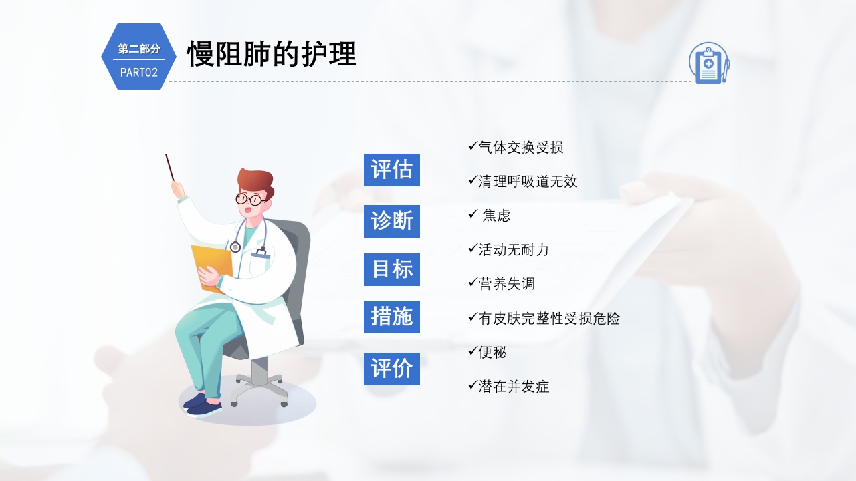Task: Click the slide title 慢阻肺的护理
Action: (x=272, y=53)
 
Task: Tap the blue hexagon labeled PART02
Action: (x=138, y=57)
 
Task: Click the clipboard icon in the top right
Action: (x=709, y=63)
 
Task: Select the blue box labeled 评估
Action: (x=392, y=170)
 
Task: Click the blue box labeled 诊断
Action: (x=392, y=221)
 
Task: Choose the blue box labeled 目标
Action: (x=392, y=269)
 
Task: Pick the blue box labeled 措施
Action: (x=392, y=317)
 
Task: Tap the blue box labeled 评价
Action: (x=392, y=369)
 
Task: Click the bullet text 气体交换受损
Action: (x=521, y=147)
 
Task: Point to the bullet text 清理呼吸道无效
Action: (x=528, y=181)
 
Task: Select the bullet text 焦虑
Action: (x=496, y=215)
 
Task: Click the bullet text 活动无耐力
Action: (x=514, y=249)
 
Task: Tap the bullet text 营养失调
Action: (x=507, y=283)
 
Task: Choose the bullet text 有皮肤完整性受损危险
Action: (x=549, y=318)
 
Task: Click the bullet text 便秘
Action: (x=493, y=352)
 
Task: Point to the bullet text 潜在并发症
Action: (x=514, y=386)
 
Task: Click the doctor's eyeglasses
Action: (x=250, y=198)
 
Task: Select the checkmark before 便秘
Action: (x=472, y=350)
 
